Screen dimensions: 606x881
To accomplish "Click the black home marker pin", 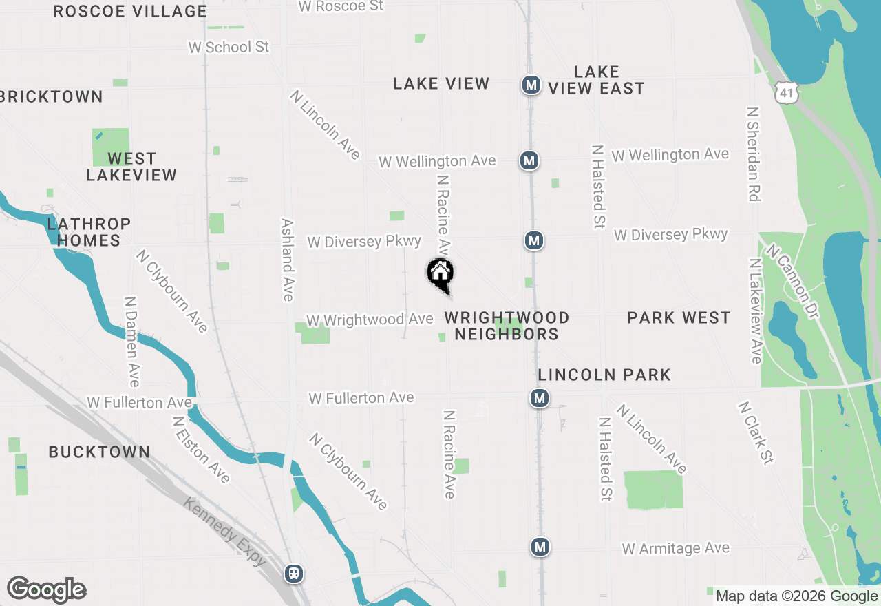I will [440, 275].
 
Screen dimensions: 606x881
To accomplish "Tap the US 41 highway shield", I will [784, 92].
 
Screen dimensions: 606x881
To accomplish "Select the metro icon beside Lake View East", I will [531, 85].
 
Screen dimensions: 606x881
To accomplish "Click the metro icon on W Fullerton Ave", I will [540, 398].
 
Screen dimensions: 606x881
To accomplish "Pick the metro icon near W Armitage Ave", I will [540, 547].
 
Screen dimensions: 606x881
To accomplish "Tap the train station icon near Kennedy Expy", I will [294, 574].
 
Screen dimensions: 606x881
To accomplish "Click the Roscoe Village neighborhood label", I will [130, 11].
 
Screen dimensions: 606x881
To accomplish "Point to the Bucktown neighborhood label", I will [99, 452].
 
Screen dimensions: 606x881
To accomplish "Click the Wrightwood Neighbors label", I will [507, 326].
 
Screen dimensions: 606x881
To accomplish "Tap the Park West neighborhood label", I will [679, 317].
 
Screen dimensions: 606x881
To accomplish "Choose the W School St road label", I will [229, 47].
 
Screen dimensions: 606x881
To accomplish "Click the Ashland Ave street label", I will [288, 260].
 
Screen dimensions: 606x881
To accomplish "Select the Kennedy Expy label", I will [224, 532].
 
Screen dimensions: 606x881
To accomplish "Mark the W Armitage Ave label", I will [675, 549].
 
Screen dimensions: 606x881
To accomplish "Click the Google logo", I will [46, 590].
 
